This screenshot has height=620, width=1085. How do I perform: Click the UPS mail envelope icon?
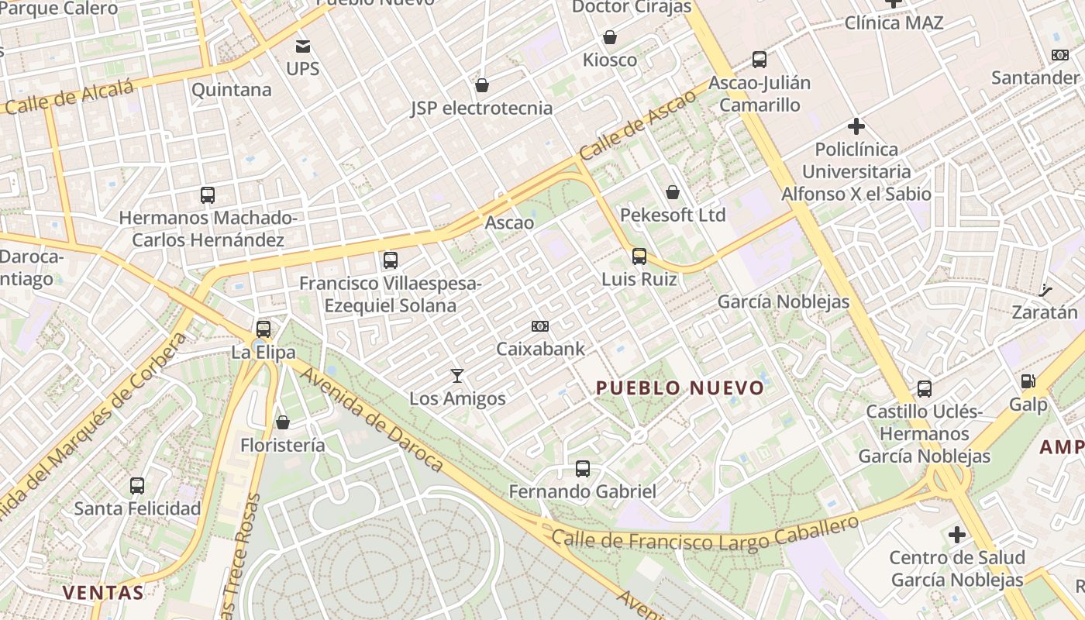click(x=303, y=46)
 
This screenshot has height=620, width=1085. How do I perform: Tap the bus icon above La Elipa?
click(x=263, y=329)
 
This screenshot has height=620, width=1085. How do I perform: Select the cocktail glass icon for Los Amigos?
click(x=457, y=376)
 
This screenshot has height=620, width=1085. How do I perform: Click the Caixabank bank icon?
click(x=540, y=326)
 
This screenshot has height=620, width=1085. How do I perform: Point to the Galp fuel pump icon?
click(x=1028, y=381)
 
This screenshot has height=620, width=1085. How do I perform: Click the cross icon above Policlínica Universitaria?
click(x=856, y=126)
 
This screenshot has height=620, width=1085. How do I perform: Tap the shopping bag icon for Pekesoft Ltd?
click(x=673, y=192)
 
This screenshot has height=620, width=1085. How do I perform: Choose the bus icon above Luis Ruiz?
click(x=639, y=257)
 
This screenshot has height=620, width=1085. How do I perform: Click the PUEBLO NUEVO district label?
click(x=680, y=387)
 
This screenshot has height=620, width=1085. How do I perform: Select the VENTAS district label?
click(x=103, y=593)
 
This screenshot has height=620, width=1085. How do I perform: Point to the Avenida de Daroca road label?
click(x=371, y=419)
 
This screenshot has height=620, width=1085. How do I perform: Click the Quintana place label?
click(x=231, y=90)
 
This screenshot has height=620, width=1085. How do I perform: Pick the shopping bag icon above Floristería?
click(x=283, y=422)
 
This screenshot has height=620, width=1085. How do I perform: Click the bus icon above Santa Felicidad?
click(x=137, y=486)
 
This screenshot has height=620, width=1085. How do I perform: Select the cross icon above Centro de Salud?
click(x=957, y=534)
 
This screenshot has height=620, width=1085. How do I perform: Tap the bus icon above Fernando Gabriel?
click(x=583, y=469)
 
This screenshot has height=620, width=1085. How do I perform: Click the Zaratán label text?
click(x=1045, y=312)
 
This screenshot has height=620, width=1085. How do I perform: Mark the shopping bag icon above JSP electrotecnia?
click(x=482, y=85)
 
